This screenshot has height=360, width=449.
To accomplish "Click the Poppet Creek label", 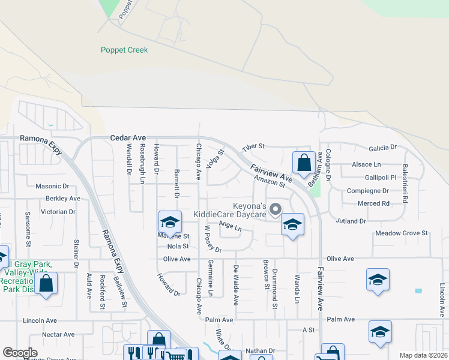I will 124,50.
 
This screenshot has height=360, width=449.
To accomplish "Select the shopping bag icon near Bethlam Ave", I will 304,163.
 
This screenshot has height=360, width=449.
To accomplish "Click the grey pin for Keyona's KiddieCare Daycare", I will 276,209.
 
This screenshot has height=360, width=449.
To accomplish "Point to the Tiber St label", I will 253,147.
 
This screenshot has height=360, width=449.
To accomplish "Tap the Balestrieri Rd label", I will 405,178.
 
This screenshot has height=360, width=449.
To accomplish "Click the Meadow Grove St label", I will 401,233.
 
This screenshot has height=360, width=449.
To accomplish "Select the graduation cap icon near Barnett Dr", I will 170,222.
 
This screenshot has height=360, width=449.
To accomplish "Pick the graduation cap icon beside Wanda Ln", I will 292,224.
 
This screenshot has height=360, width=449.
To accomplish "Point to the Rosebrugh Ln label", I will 142,159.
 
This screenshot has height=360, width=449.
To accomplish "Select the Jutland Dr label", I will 351,221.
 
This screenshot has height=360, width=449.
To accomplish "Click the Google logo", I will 20,353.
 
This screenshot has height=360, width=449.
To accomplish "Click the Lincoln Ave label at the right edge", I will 442,292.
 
